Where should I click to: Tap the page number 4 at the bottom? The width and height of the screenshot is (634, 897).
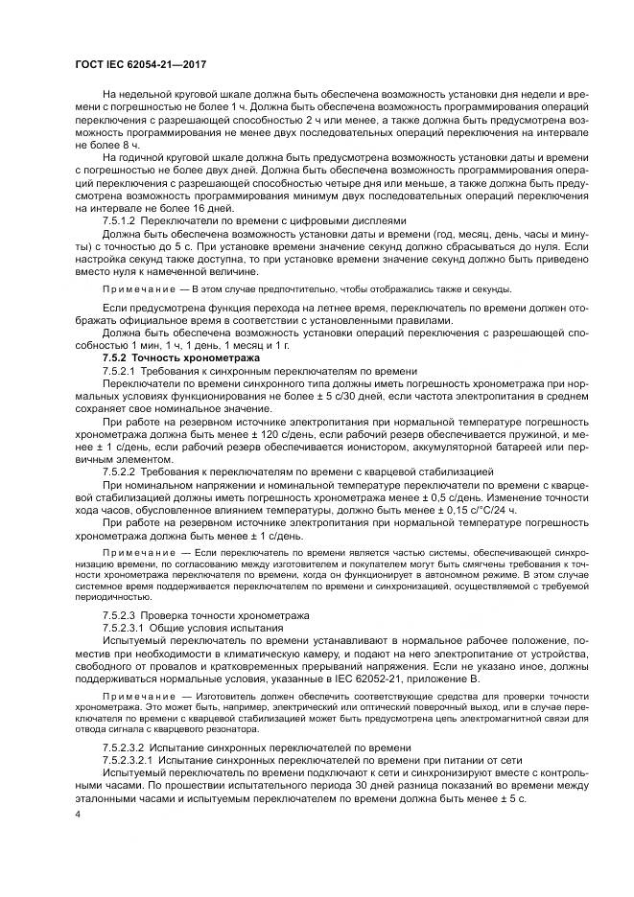click(x=78, y=816)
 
